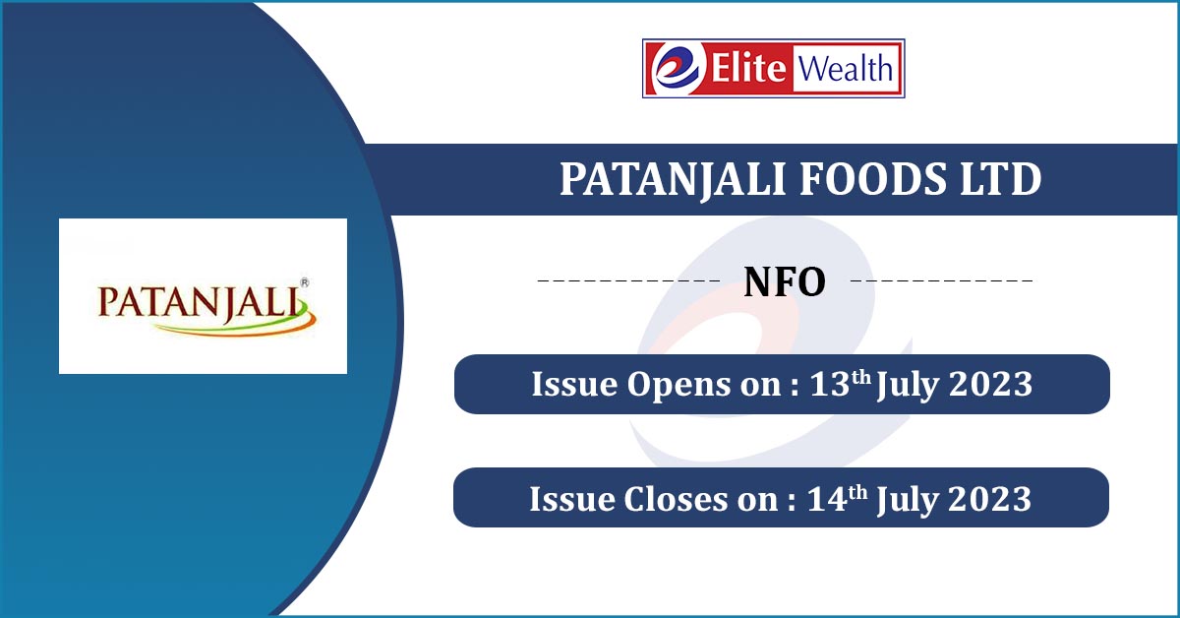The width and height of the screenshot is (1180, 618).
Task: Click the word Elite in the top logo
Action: point(748,68)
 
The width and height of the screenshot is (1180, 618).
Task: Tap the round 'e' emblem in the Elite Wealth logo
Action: point(677,68)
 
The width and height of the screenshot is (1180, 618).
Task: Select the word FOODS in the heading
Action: point(875,179)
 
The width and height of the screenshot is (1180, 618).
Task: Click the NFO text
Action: point(785,282)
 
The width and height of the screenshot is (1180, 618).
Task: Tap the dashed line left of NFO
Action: point(628,280)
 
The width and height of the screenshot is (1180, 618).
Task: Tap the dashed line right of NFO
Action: point(942,280)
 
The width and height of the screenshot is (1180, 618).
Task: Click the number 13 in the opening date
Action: point(830,384)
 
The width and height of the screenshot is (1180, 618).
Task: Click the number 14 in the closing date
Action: point(827,499)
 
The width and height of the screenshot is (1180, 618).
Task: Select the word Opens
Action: point(678,386)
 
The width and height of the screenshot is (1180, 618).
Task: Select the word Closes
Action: point(676,499)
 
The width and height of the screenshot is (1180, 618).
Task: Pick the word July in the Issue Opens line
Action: point(908,386)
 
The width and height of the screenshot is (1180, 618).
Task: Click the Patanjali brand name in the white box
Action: point(203,303)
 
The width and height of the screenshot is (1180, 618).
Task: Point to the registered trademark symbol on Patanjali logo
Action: point(305,283)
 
